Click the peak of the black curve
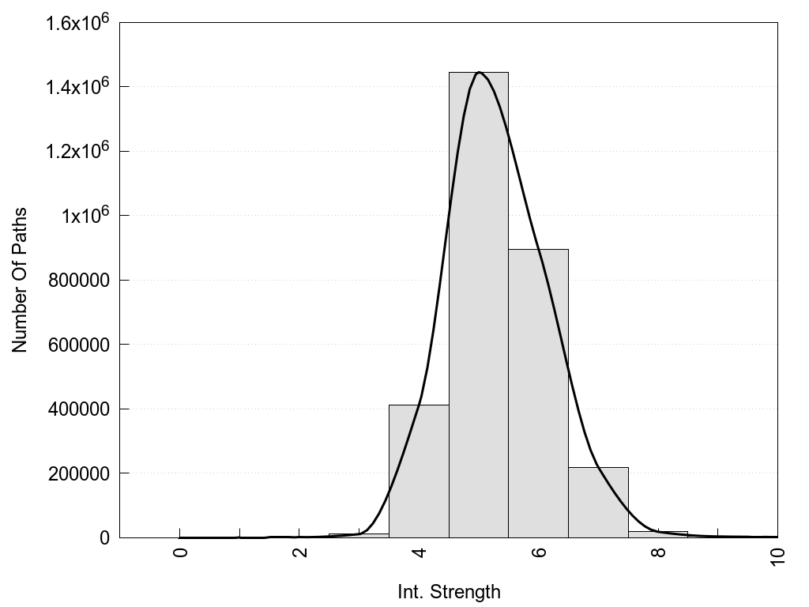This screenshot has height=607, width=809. (479, 73)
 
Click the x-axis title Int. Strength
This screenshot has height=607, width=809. (449, 591)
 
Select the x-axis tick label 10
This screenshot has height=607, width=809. (778, 556)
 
